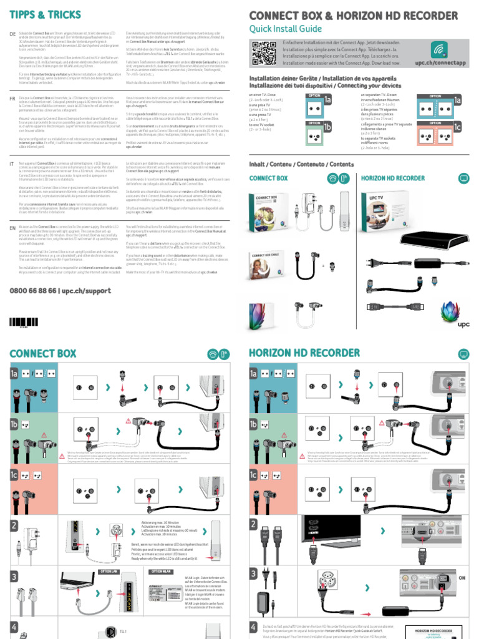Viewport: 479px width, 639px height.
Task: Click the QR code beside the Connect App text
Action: tap(263, 53)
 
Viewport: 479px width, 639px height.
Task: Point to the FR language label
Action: tap(12, 99)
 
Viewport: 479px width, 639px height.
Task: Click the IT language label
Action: tap(12, 163)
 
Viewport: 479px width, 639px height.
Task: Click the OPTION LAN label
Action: tap(108, 570)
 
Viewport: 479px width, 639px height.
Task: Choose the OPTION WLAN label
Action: tap(160, 570)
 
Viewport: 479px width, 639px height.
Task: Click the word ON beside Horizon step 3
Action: tap(462, 578)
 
